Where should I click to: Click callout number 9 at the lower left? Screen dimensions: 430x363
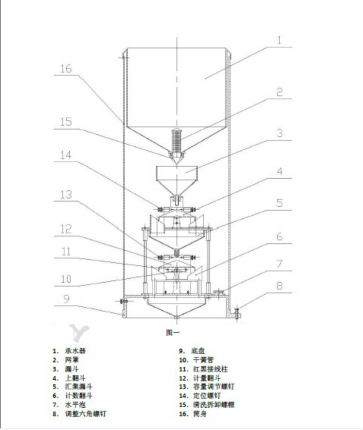[x=66, y=299]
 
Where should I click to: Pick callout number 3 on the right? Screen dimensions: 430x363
[x=279, y=134]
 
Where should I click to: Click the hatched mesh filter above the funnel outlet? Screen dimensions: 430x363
[x=178, y=140]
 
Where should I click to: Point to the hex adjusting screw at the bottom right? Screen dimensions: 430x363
[x=237, y=313]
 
